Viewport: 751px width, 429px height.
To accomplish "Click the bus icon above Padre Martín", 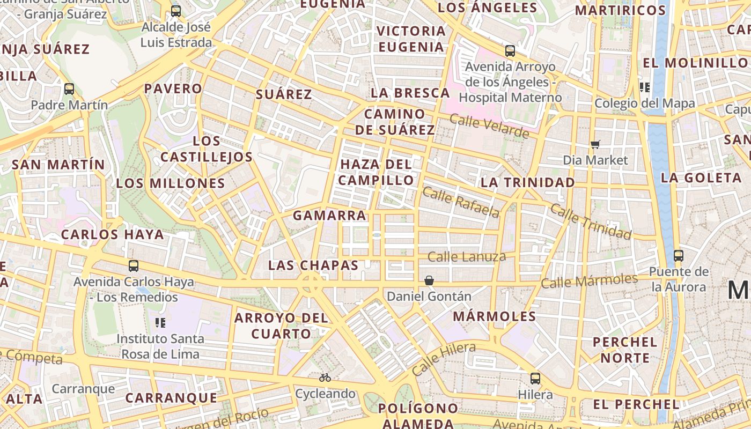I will pyautogui.click(x=69, y=89).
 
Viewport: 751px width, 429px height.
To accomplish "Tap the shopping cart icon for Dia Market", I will pyautogui.click(x=595, y=144).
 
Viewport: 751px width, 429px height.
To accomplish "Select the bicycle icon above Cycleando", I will pyautogui.click(x=325, y=378).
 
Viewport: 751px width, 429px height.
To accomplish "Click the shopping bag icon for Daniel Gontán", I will pyautogui.click(x=429, y=280).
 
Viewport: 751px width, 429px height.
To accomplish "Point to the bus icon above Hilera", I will pyautogui.click(x=535, y=379).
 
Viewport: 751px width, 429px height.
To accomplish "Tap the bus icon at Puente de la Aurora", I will pyautogui.click(x=679, y=256).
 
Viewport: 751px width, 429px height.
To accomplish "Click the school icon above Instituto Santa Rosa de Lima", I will pyautogui.click(x=160, y=323).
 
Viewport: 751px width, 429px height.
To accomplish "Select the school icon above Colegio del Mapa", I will pyautogui.click(x=645, y=87).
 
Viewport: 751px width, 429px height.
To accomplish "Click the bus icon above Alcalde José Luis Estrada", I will pyautogui.click(x=176, y=11).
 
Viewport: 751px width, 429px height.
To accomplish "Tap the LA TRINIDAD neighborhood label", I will pyautogui.click(x=528, y=182).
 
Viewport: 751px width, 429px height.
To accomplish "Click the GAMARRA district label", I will pyautogui.click(x=329, y=216).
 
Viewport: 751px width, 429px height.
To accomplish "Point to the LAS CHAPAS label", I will pyautogui.click(x=313, y=265).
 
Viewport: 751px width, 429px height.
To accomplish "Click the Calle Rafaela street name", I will pyautogui.click(x=461, y=202).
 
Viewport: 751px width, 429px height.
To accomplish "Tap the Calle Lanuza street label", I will pyautogui.click(x=467, y=257).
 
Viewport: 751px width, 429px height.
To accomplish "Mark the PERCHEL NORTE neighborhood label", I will pyautogui.click(x=625, y=350).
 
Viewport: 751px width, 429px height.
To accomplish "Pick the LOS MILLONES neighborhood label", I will pyautogui.click(x=171, y=183).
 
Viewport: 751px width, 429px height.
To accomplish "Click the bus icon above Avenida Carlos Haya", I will pyautogui.click(x=134, y=265).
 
